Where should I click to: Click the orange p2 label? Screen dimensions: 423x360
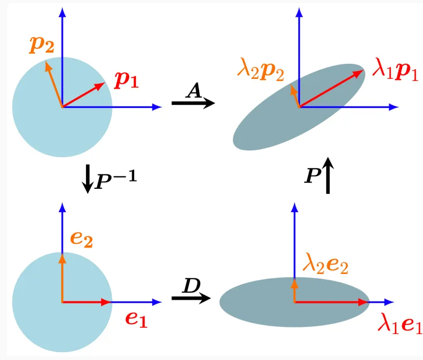coord(41,45)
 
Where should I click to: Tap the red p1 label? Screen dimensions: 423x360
coord(126,80)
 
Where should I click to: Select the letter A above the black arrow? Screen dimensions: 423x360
coord(194,90)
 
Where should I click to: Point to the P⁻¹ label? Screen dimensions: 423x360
coord(116,179)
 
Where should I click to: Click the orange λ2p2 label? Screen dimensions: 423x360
coord(261,70)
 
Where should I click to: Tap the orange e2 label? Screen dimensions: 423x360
coord(81,239)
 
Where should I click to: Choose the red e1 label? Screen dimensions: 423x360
coord(136,320)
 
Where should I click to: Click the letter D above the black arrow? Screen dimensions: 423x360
coord(191,285)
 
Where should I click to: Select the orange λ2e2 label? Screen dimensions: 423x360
coord(326,264)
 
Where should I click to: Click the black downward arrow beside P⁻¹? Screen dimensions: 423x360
coord(88,179)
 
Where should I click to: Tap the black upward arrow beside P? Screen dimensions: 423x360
coord(328,175)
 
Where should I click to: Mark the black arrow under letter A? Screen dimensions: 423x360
coord(193,103)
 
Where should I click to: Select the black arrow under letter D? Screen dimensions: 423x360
coord(191,298)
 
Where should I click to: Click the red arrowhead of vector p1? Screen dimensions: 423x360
coord(100,86)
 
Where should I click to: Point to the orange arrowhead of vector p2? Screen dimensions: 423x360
coord(48,66)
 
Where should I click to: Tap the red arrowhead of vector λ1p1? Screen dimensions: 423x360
coord(358,73)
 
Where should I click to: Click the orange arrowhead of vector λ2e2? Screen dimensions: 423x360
coord(294,285)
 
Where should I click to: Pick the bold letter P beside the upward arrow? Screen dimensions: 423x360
coord(313,176)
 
